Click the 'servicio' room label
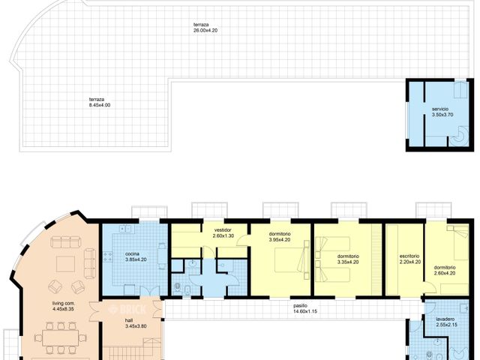tap(439, 109)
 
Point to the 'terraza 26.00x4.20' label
tap(205, 25)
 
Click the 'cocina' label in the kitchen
tap(135, 255)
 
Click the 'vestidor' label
tap(222, 230)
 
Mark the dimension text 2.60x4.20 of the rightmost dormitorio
tap(445, 273)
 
